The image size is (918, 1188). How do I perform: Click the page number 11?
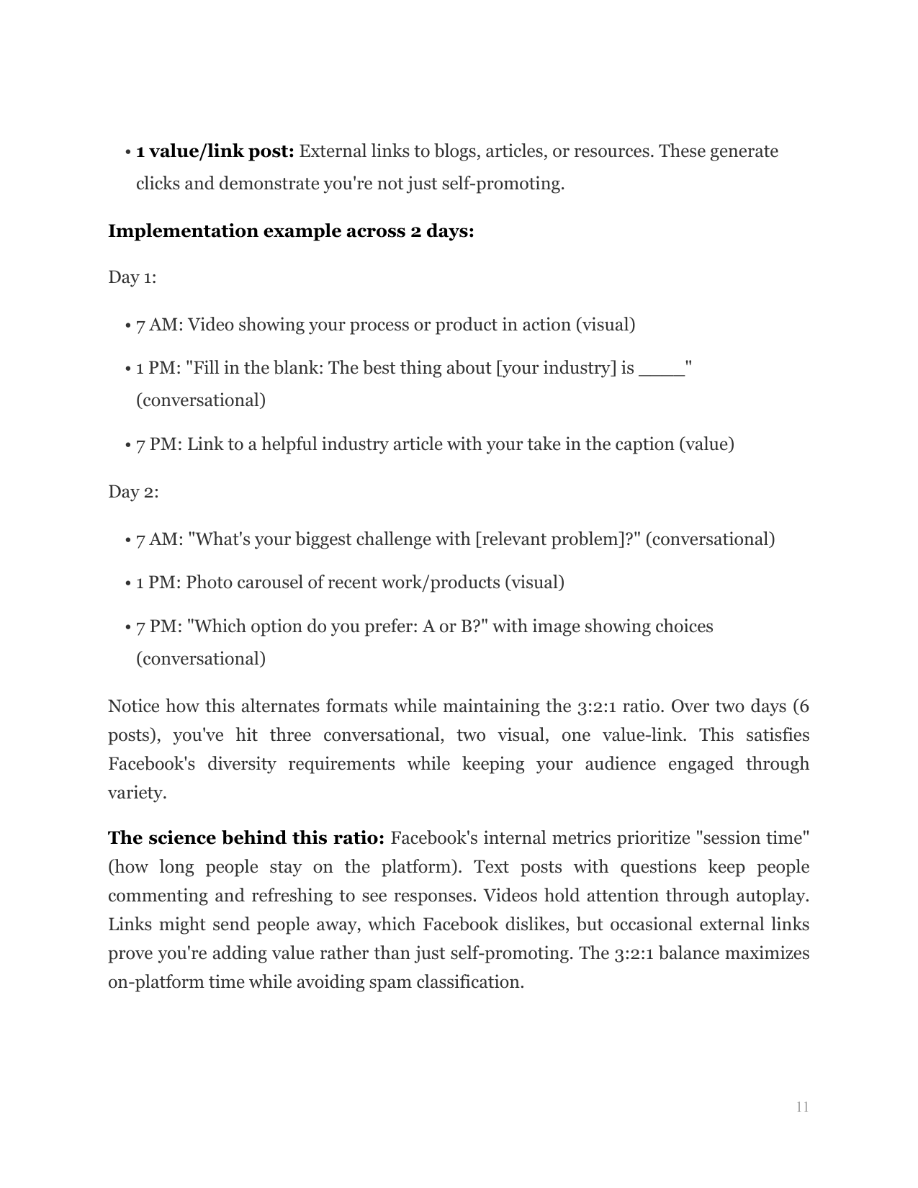coord(802,1107)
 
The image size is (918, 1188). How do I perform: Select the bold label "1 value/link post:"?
coord(215,151)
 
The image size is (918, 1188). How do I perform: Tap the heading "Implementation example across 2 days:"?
coord(291,231)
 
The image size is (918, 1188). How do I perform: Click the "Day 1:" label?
coord(132,277)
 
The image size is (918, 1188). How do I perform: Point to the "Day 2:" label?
coord(133,492)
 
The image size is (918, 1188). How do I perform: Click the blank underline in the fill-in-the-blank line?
coord(661,369)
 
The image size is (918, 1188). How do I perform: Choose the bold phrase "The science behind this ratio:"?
coord(246,838)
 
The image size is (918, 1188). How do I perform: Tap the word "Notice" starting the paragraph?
coord(133,706)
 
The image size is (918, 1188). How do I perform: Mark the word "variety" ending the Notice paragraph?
coord(135,793)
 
